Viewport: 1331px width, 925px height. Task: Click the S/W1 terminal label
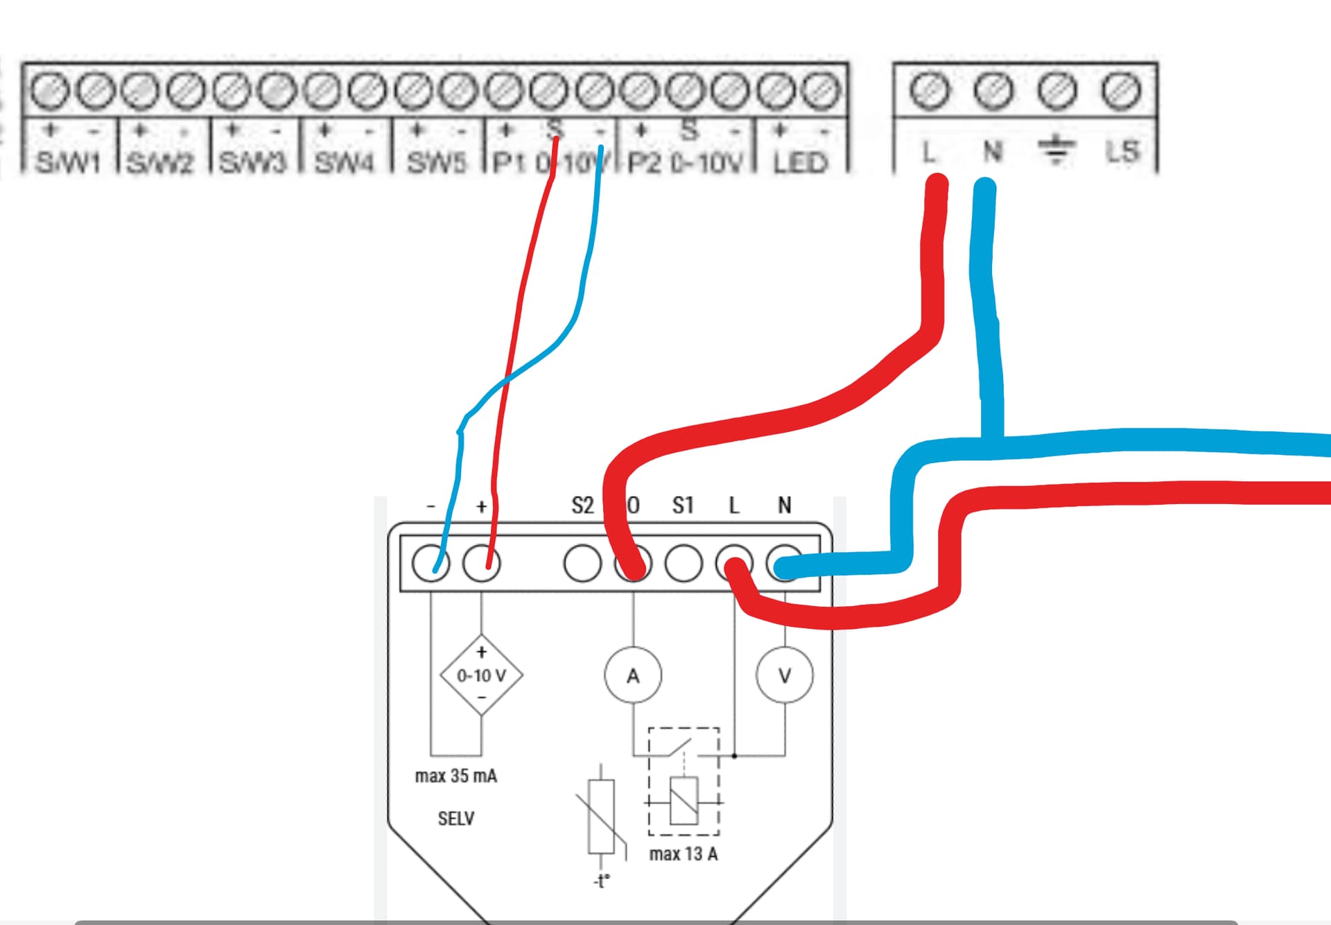coord(68,163)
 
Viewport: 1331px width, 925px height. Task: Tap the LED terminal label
coord(800,163)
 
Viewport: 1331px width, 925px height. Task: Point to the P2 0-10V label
coord(684,163)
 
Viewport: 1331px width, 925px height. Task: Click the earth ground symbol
coord(1056,150)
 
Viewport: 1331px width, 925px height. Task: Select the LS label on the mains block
coord(1122,151)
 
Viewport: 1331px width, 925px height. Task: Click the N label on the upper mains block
coord(992,150)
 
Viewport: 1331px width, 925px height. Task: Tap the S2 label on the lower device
coord(582,505)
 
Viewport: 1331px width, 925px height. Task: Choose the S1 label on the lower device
coord(683,505)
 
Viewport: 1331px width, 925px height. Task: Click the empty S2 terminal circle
coord(582,563)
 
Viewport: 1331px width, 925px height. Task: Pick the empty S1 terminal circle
coord(684,563)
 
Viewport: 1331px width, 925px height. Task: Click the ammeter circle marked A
coord(633,675)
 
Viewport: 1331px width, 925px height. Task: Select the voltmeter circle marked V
coord(785,675)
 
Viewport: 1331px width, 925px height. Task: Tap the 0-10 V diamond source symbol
coord(481,675)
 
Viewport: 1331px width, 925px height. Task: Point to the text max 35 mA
coord(455,776)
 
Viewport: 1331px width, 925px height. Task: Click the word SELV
coord(455,819)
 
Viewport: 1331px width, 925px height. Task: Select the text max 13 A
coord(683,854)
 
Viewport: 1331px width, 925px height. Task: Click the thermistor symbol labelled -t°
coord(601,818)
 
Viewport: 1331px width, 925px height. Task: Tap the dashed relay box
coord(684,781)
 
